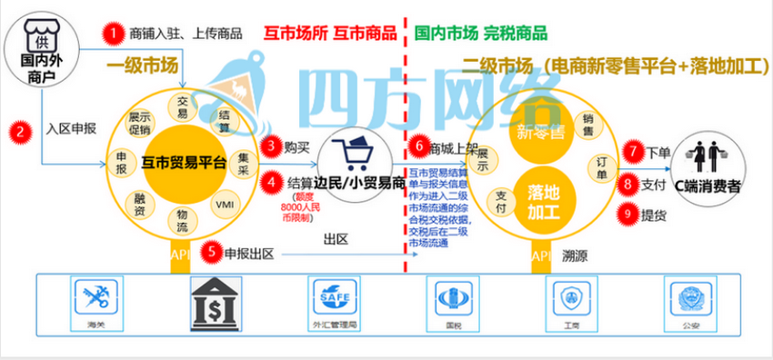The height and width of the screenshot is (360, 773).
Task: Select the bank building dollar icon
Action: (216, 303)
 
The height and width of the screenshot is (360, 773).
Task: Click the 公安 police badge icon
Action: (689, 301)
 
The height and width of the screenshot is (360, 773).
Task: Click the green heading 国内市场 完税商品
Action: (480, 34)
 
